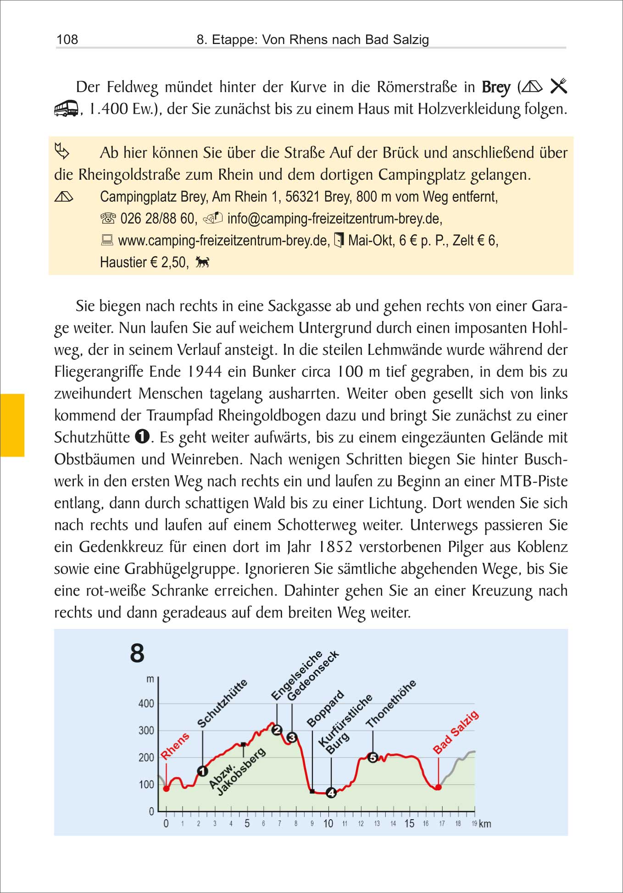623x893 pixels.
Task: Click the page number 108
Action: point(67,39)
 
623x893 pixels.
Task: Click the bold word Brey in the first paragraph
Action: point(496,87)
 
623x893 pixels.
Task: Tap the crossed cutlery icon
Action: point(558,86)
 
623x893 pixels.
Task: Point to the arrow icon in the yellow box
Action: point(62,151)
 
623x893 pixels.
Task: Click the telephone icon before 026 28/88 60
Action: point(108,218)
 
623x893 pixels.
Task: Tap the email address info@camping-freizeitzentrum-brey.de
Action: point(334,218)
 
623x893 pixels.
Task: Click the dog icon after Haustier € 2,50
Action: point(202,262)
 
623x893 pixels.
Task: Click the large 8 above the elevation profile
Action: point(137,653)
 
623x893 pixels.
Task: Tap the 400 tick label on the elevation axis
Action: point(146,703)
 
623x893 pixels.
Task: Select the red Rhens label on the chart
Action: point(175,746)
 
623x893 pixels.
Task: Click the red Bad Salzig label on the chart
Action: point(456,732)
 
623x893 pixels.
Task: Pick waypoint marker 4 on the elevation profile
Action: point(331,793)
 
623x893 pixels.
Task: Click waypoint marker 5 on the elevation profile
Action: point(373,757)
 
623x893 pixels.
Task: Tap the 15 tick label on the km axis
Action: point(409,823)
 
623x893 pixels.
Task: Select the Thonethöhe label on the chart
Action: point(391,704)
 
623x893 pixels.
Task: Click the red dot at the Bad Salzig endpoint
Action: point(438,787)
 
